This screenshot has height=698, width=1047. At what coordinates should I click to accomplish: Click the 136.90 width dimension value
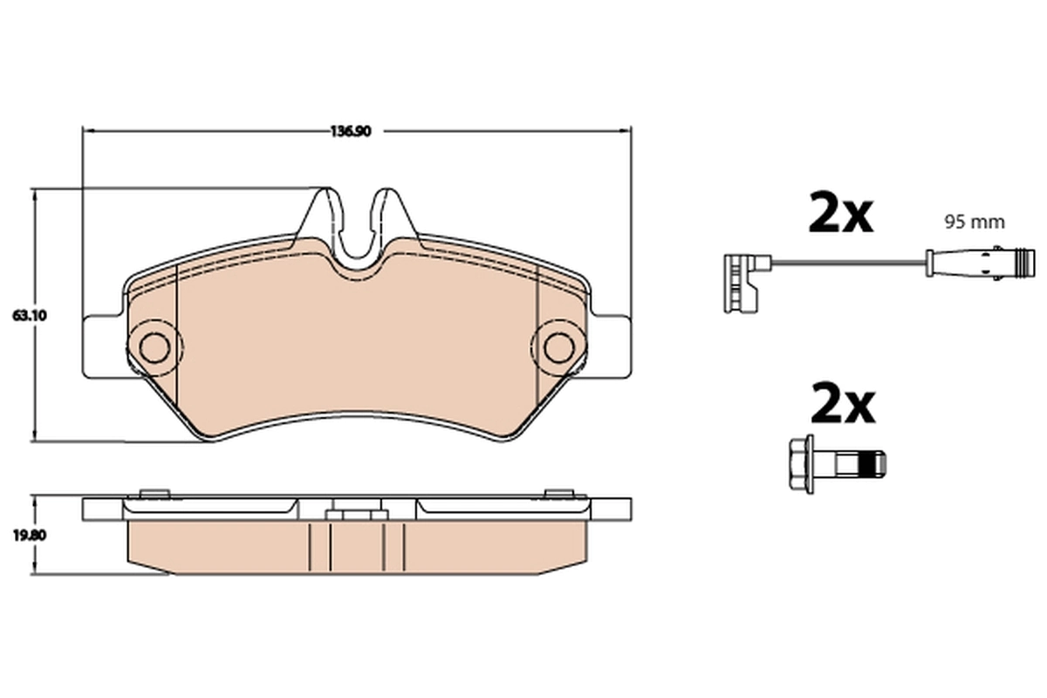coord(351,132)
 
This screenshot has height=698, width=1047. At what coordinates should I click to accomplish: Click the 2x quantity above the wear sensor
coord(840,214)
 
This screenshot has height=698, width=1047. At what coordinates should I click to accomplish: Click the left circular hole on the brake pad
coord(154,346)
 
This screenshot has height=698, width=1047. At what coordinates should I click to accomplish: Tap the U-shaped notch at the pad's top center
coord(357,231)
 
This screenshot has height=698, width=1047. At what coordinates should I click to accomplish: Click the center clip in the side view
coord(356,514)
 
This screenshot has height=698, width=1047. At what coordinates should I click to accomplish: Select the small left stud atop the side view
coord(154,493)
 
